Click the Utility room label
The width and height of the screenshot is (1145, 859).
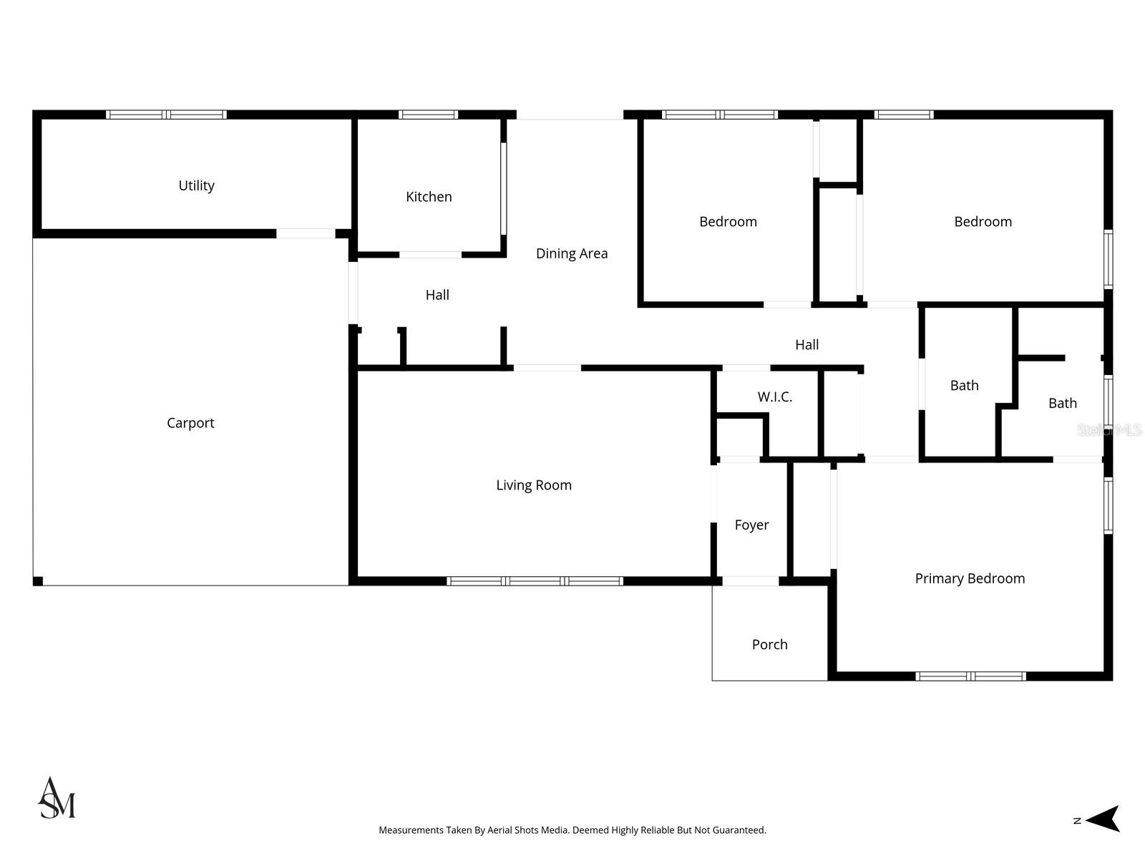tap(196, 185)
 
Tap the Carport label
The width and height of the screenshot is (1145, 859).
tap(190, 423)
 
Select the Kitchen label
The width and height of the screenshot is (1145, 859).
tap(429, 197)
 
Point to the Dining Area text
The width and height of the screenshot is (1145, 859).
tap(572, 253)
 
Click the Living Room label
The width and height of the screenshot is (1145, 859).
tap(534, 485)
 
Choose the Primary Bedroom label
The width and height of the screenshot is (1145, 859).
tap(970, 578)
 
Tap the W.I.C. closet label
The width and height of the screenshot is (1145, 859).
tap(775, 397)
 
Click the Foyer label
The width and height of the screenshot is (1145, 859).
tap(751, 525)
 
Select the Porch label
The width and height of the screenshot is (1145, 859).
tap(769, 645)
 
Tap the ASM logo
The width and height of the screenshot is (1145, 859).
tap(57, 798)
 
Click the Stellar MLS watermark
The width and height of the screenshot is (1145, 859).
tap(1109, 429)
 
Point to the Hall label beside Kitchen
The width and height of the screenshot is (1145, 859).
tap(437, 295)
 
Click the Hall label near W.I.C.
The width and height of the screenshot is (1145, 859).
tap(807, 345)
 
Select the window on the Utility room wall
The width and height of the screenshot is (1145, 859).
tap(166, 115)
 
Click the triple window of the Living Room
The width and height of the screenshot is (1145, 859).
tap(535, 581)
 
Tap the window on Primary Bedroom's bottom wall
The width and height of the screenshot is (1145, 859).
tap(970, 676)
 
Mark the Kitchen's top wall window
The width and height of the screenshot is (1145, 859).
tap(428, 115)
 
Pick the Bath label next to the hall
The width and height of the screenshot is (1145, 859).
tap(964, 386)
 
